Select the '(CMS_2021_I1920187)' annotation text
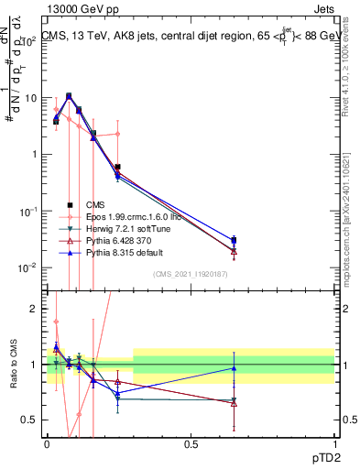click(190, 274)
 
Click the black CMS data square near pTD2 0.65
click(234, 240)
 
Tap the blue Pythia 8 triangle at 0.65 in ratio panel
click(234, 368)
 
